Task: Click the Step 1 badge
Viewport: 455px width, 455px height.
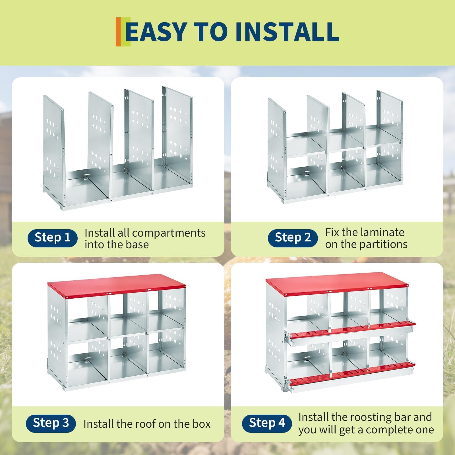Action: pyautogui.click(x=52, y=238)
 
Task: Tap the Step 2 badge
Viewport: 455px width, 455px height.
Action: pyautogui.click(x=293, y=238)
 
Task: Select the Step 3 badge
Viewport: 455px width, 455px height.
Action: pyautogui.click(x=51, y=423)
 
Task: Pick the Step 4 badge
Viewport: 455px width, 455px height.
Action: pyautogui.click(x=267, y=423)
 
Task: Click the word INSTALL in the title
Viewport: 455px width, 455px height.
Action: pyautogui.click(x=287, y=31)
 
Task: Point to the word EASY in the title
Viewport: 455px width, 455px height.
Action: pyautogui.click(x=156, y=31)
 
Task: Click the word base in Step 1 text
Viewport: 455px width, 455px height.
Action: pyautogui.click(x=137, y=245)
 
